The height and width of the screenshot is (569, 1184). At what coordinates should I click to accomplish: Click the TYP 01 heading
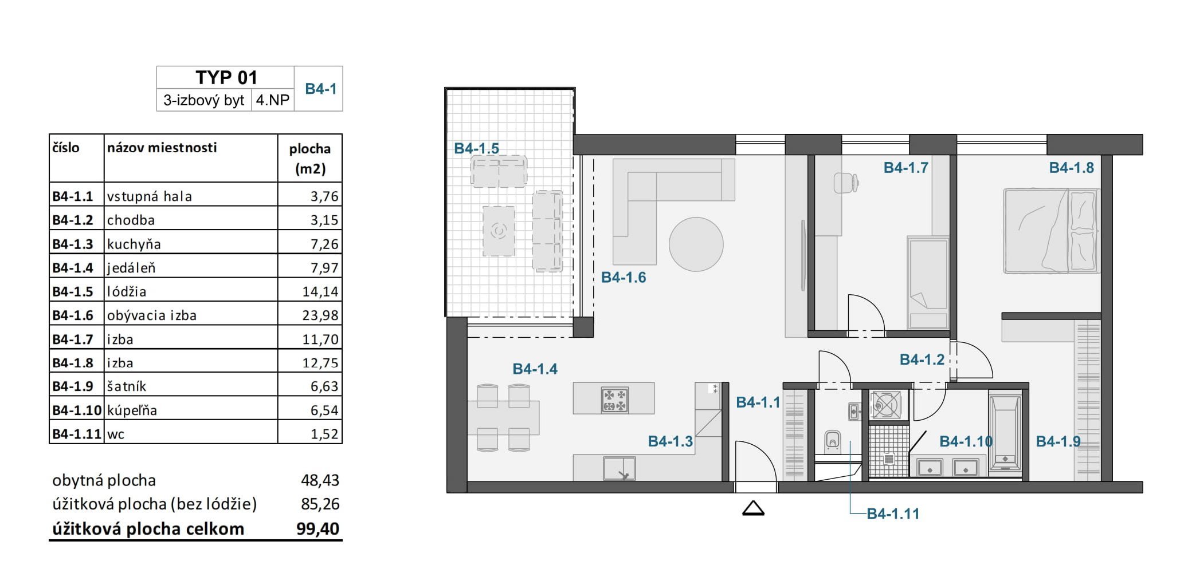pos(226,77)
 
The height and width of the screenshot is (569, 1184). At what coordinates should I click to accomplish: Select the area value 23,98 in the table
pos(320,315)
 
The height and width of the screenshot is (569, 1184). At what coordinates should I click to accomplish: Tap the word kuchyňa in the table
pos(134,244)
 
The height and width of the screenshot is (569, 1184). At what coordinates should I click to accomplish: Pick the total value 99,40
pos(317,528)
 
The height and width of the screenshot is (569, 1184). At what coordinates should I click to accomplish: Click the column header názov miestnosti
pos(162,148)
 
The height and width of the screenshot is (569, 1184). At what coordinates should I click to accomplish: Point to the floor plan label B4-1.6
pos(623,278)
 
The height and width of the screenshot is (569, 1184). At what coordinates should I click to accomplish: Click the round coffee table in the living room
pos(696,244)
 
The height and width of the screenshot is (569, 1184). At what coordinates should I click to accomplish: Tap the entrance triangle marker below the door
pos(753,508)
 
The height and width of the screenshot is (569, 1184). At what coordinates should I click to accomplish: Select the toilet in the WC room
pos(833,441)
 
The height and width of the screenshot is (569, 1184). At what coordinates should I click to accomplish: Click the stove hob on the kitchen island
pos(615,400)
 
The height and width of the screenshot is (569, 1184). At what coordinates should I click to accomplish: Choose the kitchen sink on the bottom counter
pos(620,468)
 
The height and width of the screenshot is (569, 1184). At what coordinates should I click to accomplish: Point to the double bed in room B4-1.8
pos(1051,231)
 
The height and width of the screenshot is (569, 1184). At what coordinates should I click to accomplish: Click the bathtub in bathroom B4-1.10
pos(1005,432)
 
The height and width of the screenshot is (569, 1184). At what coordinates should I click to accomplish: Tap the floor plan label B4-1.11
pos(893,514)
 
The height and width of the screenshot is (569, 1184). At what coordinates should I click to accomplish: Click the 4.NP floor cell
pos(273,101)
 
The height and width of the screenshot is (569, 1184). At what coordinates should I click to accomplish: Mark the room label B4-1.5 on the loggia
pos(476,149)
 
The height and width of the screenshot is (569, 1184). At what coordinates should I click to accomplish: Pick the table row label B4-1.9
pos(73,386)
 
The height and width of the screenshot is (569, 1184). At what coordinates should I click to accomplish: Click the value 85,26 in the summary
pos(320,504)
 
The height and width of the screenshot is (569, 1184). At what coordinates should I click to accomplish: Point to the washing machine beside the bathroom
pos(885,405)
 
